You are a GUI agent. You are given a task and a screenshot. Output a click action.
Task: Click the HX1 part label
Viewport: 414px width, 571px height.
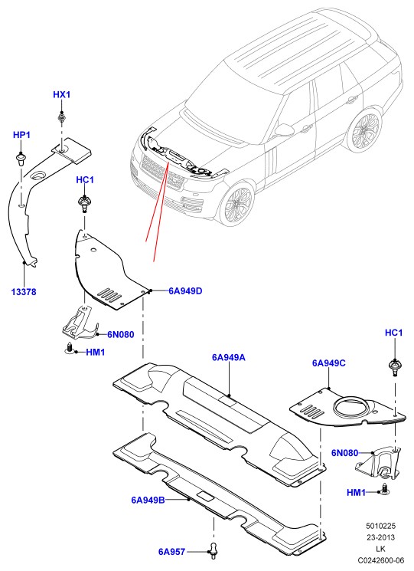pyautogui.click(x=62, y=95)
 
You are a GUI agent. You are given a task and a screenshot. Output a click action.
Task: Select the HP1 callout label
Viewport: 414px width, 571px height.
pyautogui.click(x=21, y=135)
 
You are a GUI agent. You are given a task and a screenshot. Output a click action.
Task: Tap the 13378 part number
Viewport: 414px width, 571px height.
pyautogui.click(x=24, y=292)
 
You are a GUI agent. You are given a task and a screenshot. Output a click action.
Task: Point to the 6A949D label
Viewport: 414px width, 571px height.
pyautogui.click(x=185, y=291)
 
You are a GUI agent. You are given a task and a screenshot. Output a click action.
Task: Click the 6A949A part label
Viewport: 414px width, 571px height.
pyautogui.click(x=229, y=358)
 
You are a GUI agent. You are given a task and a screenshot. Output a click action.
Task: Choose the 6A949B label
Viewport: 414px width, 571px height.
pyautogui.click(x=148, y=500)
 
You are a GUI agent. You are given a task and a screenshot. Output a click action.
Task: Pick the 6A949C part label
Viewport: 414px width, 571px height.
pyautogui.click(x=329, y=363)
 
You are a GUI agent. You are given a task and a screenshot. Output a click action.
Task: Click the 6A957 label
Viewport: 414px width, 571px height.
pyautogui.click(x=171, y=552)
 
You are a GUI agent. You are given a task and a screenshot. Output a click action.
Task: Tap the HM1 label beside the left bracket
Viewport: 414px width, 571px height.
pyautogui.click(x=96, y=352)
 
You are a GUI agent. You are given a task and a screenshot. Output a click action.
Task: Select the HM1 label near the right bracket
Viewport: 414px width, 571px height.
pyautogui.click(x=356, y=493)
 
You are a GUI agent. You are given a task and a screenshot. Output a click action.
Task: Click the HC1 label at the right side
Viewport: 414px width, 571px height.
pyautogui.click(x=393, y=333)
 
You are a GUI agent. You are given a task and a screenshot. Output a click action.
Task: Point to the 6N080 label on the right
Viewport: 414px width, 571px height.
pyautogui.click(x=344, y=453)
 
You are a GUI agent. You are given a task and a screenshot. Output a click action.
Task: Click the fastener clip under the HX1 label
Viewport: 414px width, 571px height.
pyautogui.click(x=62, y=118)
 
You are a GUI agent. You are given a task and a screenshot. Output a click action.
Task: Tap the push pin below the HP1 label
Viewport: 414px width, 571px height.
pyautogui.click(x=21, y=159)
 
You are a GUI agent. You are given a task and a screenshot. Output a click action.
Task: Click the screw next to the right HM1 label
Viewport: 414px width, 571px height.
pyautogui.click(x=385, y=489)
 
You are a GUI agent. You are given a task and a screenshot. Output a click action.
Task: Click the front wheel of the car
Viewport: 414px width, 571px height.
pyautogui.click(x=239, y=205)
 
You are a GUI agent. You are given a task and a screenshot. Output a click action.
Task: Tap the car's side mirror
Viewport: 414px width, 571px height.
pyautogui.click(x=283, y=130)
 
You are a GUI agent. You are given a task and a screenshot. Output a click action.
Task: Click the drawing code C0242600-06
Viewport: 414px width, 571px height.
pyautogui.click(x=380, y=560)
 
